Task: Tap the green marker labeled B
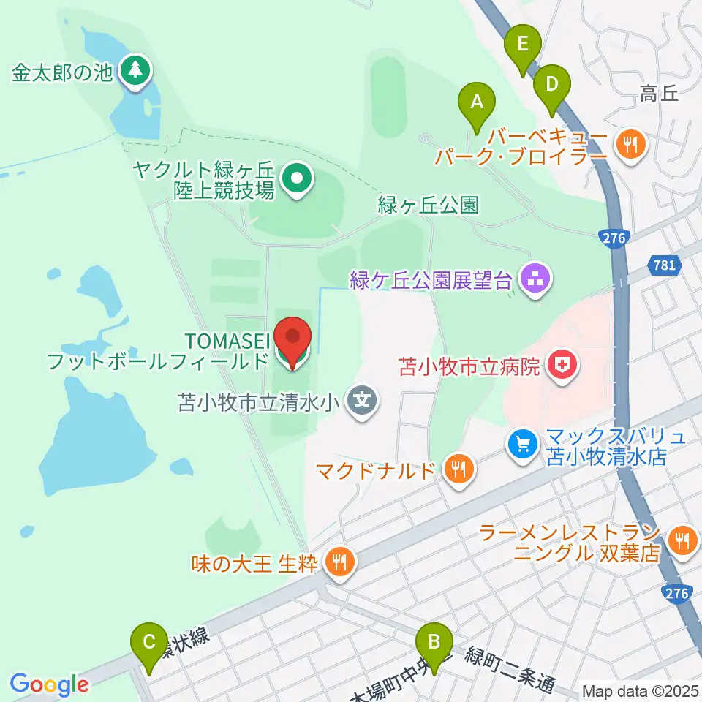tap(434, 643)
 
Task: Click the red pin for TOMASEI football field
tap(293, 339)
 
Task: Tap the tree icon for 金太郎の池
tap(135, 70)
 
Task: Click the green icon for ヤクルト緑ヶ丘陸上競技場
tap(296, 178)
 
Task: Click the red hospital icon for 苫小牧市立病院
tap(562, 365)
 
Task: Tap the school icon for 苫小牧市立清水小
tap(361, 401)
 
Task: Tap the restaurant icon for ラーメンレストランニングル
tap(682, 541)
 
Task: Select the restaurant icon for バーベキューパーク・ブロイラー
tap(630, 143)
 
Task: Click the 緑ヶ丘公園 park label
tap(428, 205)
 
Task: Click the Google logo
tap(49, 685)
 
